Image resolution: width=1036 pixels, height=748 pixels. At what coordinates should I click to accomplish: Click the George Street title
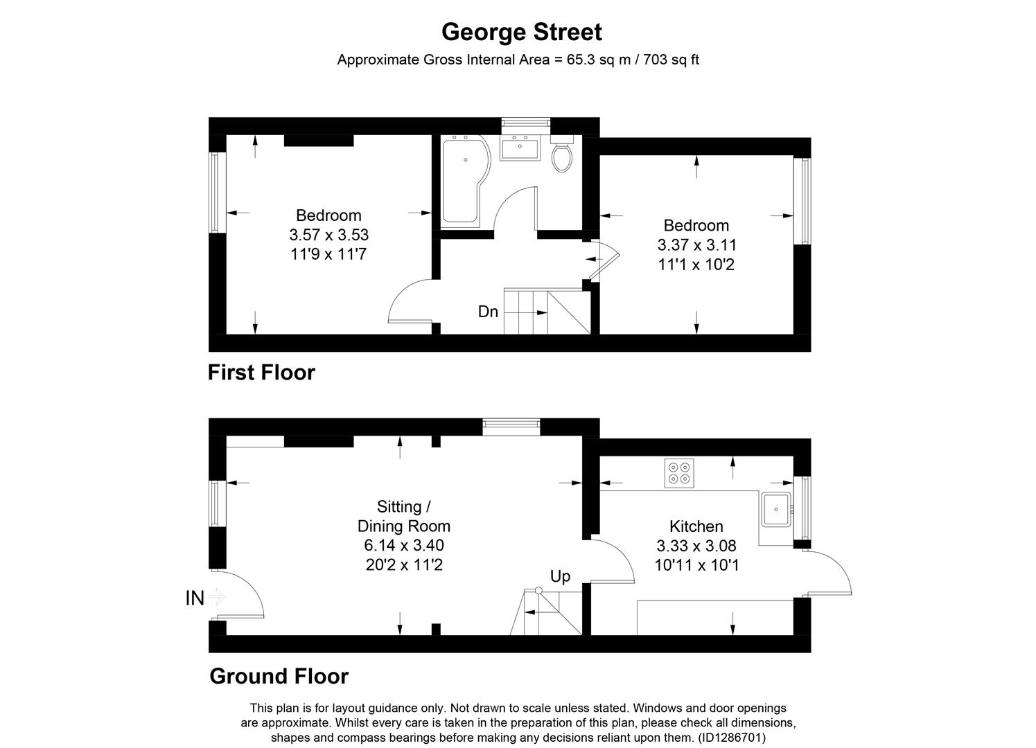tap(521, 32)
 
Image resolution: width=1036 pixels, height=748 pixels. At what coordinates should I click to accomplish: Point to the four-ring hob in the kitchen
tap(678, 473)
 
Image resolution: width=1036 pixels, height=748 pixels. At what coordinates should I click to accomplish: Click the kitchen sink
tap(776, 510)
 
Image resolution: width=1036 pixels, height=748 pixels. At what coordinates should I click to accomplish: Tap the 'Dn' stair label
tap(488, 312)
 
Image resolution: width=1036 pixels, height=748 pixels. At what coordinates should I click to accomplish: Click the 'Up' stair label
tap(560, 576)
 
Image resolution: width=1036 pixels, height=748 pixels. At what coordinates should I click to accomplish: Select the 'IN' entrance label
tap(195, 598)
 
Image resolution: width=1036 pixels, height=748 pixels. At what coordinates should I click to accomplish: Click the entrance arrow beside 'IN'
tap(217, 596)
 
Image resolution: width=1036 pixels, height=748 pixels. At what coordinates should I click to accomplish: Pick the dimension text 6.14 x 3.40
tap(404, 545)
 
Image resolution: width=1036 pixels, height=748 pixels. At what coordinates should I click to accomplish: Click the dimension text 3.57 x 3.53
tap(328, 235)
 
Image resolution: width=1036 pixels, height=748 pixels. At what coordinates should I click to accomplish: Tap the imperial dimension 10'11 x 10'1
tap(696, 565)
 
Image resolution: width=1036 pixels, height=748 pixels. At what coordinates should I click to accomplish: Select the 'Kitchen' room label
tap(696, 526)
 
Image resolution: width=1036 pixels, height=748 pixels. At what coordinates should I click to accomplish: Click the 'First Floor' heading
tap(261, 373)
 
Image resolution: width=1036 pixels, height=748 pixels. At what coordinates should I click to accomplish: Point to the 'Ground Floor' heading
tap(279, 676)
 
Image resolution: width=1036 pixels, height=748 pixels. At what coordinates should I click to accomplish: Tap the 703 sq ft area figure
tap(671, 60)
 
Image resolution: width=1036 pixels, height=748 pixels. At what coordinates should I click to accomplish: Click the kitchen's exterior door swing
tap(832, 571)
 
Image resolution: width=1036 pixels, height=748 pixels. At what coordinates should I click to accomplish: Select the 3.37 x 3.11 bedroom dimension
tap(696, 244)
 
